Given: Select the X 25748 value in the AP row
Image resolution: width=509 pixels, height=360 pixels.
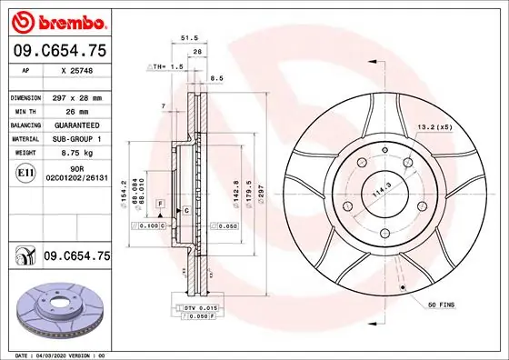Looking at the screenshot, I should pos(77,70).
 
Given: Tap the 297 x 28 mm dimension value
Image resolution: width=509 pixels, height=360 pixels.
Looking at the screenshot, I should pos(77,96).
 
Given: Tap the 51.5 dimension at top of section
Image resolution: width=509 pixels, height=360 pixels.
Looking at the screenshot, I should pos(189,38).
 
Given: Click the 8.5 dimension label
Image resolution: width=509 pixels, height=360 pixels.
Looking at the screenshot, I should pos(216,79).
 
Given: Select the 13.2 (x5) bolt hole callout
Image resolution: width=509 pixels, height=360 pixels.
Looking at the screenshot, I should pos(434,127).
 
